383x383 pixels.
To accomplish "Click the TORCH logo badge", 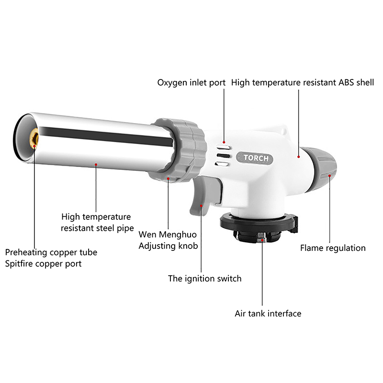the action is [x=255, y=158].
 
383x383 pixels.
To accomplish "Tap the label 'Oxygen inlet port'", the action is [x=191, y=83].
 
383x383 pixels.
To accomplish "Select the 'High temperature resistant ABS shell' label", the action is [x=303, y=82].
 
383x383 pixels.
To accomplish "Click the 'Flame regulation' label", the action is [x=333, y=248].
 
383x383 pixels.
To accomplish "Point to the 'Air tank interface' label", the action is [x=268, y=314].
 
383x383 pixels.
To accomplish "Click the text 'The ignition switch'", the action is [x=205, y=279].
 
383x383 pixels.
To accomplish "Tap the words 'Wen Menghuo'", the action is [x=168, y=235].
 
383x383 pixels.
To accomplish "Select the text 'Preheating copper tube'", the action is [x=51, y=252].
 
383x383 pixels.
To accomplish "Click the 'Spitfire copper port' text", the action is [x=43, y=264].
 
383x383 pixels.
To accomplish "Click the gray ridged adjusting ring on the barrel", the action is [x=178, y=150].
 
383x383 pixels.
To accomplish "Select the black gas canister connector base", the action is [x=259, y=227].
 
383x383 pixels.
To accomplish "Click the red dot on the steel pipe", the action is [x=96, y=165].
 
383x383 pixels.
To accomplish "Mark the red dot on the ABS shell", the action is [x=298, y=157].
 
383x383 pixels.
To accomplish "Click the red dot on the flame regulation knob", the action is [x=329, y=175].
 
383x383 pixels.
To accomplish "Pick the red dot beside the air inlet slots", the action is [x=224, y=142].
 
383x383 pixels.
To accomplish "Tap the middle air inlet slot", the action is [x=223, y=156].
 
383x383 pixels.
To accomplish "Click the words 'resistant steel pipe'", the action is [x=97, y=228].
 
